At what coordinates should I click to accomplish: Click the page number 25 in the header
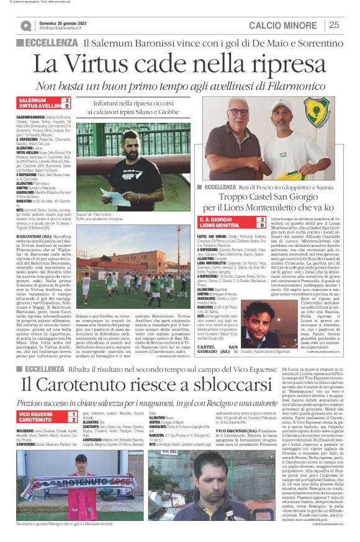[x=334, y=25]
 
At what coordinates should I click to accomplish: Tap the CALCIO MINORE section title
[x=285, y=25]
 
